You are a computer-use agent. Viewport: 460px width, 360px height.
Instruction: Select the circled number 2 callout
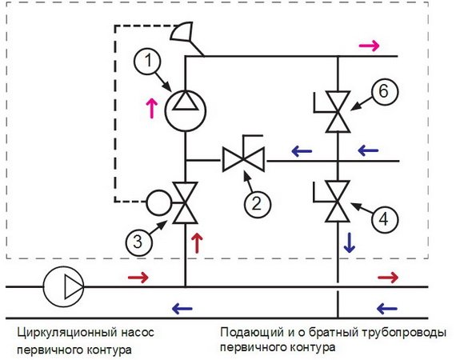tap(256, 203)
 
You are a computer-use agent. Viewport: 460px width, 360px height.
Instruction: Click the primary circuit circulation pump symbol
tap(64, 286)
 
